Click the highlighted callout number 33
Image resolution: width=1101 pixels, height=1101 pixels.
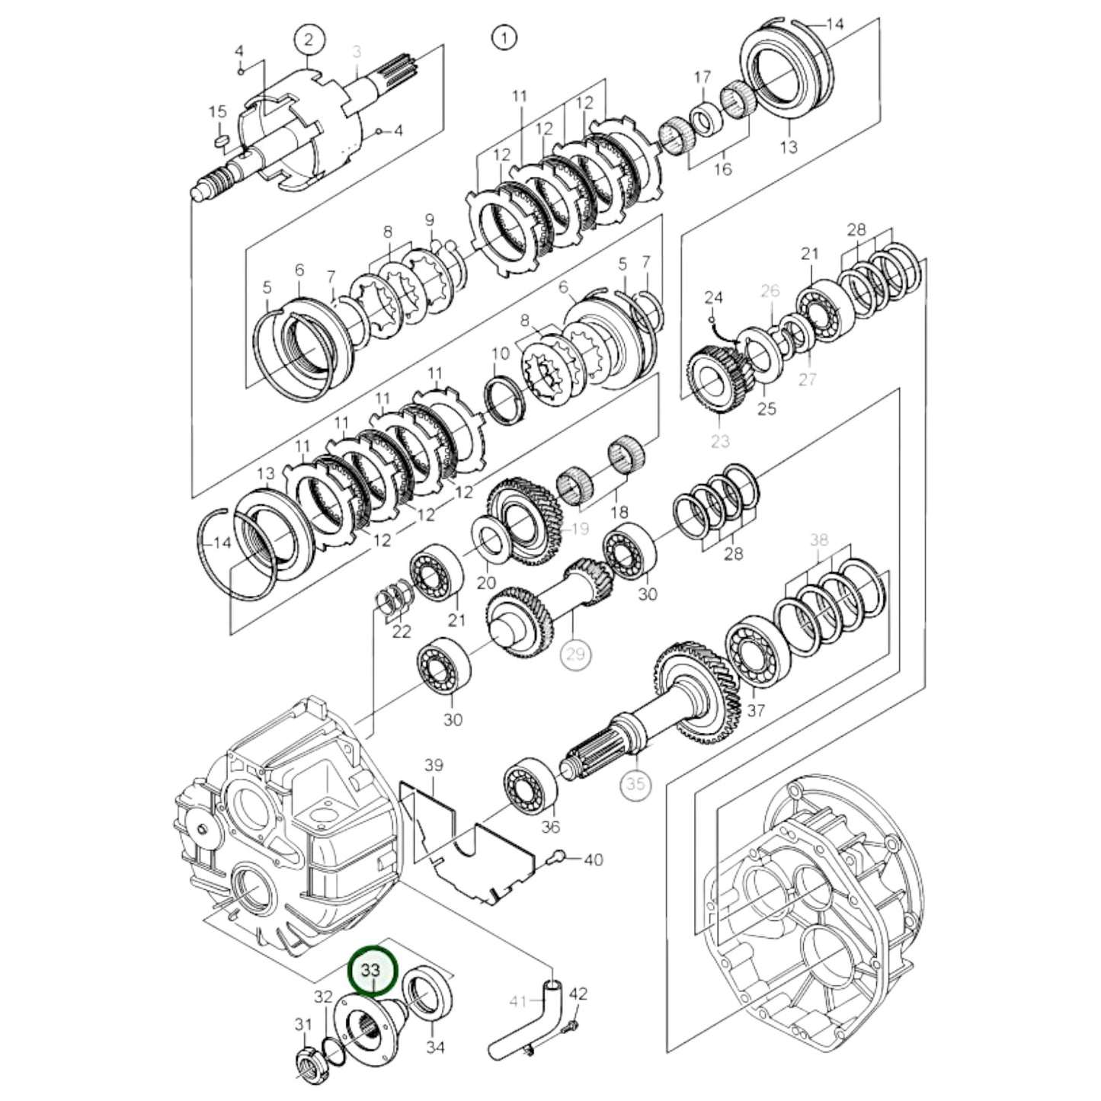tap(373, 970)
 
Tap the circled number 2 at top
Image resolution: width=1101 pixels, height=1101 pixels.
tap(309, 40)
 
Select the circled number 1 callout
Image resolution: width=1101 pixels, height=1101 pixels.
tap(504, 37)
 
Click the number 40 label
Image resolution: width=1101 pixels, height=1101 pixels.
tap(593, 859)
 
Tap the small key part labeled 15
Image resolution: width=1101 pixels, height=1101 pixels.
tap(220, 139)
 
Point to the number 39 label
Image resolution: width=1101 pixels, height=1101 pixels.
tap(434, 765)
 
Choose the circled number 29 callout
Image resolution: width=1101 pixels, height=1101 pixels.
tap(575, 654)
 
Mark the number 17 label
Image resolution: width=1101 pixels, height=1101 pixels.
tap(702, 77)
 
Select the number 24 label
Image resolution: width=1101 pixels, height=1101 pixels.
tap(713, 296)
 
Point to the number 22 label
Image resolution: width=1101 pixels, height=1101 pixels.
tap(402, 631)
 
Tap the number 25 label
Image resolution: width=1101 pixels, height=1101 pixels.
tap(767, 408)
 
